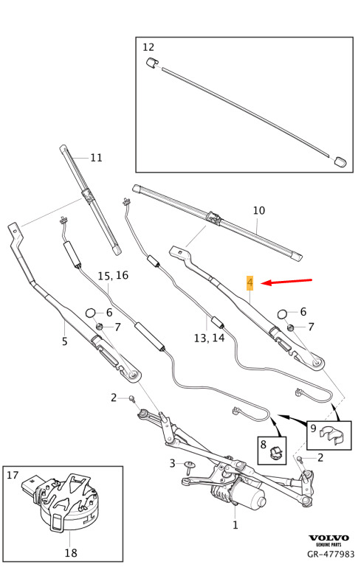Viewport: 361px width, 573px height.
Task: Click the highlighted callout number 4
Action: [x=250, y=282]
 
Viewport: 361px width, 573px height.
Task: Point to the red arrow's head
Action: [x=264, y=283]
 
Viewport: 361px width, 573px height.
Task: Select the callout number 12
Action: [x=148, y=47]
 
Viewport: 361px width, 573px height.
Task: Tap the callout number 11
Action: [x=96, y=158]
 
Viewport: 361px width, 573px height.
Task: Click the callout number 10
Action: [x=259, y=210]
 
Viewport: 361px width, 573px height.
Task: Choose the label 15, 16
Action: [x=113, y=276]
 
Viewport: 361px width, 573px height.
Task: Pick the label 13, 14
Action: [x=209, y=338]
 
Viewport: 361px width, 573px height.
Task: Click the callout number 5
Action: [x=64, y=341]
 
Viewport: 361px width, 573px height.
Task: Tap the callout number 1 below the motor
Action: [x=235, y=525]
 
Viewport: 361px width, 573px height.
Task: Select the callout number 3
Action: [x=172, y=463]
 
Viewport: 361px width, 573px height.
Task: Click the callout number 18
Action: [x=71, y=553]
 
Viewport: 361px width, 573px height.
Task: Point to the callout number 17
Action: [x=13, y=475]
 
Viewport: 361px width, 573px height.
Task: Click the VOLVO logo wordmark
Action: [x=329, y=538]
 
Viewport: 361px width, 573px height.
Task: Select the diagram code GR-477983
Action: [x=331, y=554]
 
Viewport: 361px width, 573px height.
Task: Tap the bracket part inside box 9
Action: [x=332, y=435]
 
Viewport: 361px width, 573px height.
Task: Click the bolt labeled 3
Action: [x=190, y=466]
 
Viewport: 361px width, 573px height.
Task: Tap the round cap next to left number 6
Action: [x=90, y=313]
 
